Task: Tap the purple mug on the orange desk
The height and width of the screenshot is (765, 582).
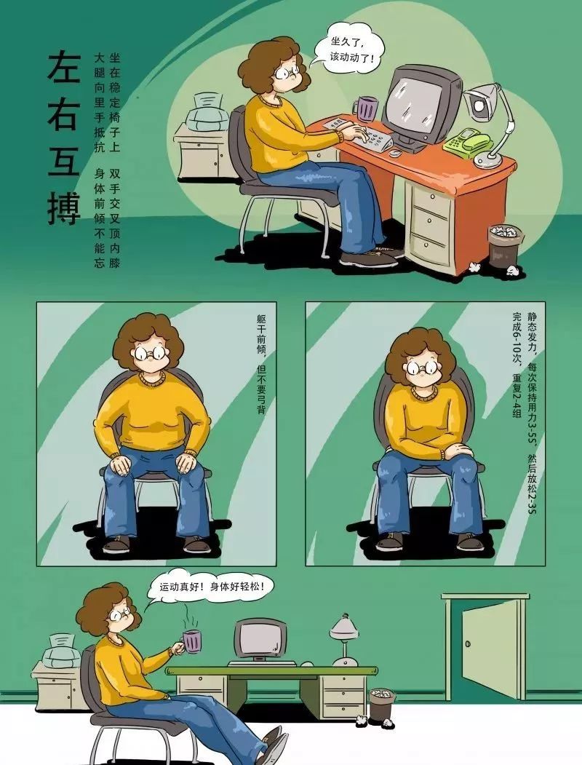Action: point(367,108)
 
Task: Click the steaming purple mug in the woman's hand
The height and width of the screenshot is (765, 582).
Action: point(191,641)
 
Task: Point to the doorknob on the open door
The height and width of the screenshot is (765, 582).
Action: point(468,644)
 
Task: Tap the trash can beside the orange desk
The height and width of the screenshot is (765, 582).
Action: point(506,245)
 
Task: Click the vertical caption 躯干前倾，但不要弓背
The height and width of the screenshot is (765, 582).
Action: point(261,363)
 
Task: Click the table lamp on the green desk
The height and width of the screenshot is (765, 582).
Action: point(345,640)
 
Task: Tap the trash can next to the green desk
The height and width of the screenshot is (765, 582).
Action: point(382,704)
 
